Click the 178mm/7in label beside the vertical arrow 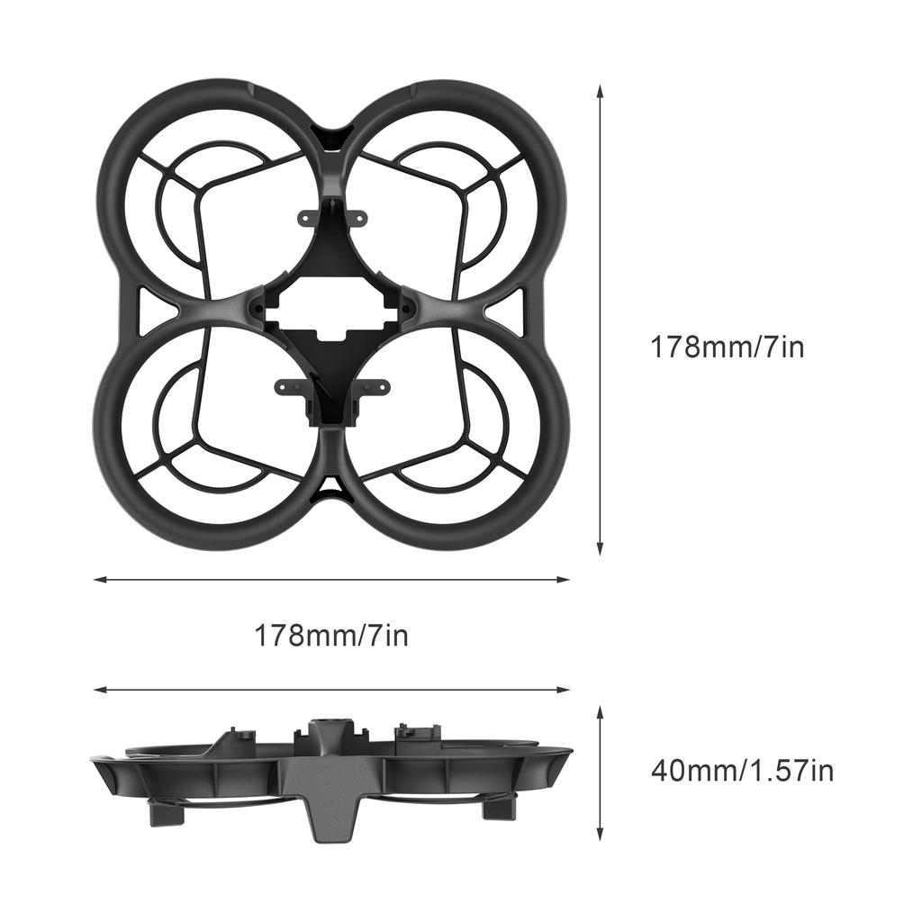[x=728, y=347]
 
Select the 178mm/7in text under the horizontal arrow [x=331, y=636]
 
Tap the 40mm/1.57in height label [x=742, y=771]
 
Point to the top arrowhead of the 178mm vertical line [x=600, y=91]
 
